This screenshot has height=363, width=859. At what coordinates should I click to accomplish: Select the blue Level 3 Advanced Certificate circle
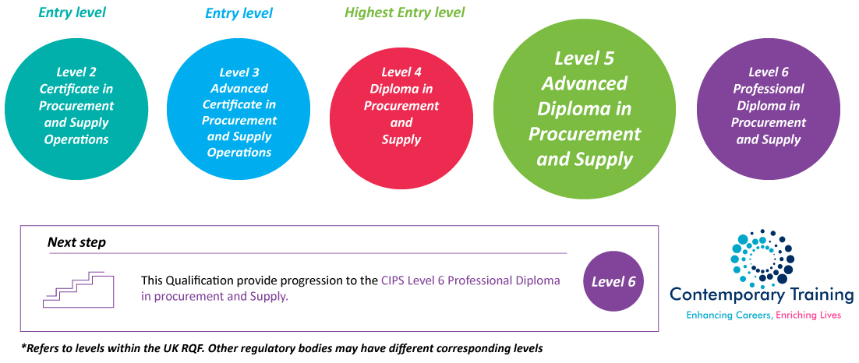[239, 106]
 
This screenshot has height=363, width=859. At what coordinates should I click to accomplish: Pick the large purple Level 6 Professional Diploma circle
[768, 105]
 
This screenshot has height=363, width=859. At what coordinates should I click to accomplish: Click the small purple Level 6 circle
[613, 281]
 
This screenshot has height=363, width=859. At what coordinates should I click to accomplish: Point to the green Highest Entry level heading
[405, 12]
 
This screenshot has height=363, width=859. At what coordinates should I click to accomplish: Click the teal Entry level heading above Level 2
[72, 12]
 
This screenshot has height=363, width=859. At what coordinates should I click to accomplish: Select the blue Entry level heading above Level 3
[239, 13]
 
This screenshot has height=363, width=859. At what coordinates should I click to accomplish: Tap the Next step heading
[76, 242]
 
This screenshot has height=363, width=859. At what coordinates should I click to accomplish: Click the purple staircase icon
[78, 289]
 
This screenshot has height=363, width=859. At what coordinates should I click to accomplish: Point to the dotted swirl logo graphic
[762, 256]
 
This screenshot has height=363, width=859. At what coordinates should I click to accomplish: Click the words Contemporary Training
[762, 294]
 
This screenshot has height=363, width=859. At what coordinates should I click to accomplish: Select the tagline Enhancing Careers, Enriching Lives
[763, 315]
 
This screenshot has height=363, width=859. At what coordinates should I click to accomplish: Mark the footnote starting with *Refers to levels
[281, 347]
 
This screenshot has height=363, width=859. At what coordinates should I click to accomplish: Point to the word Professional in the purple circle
[769, 89]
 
